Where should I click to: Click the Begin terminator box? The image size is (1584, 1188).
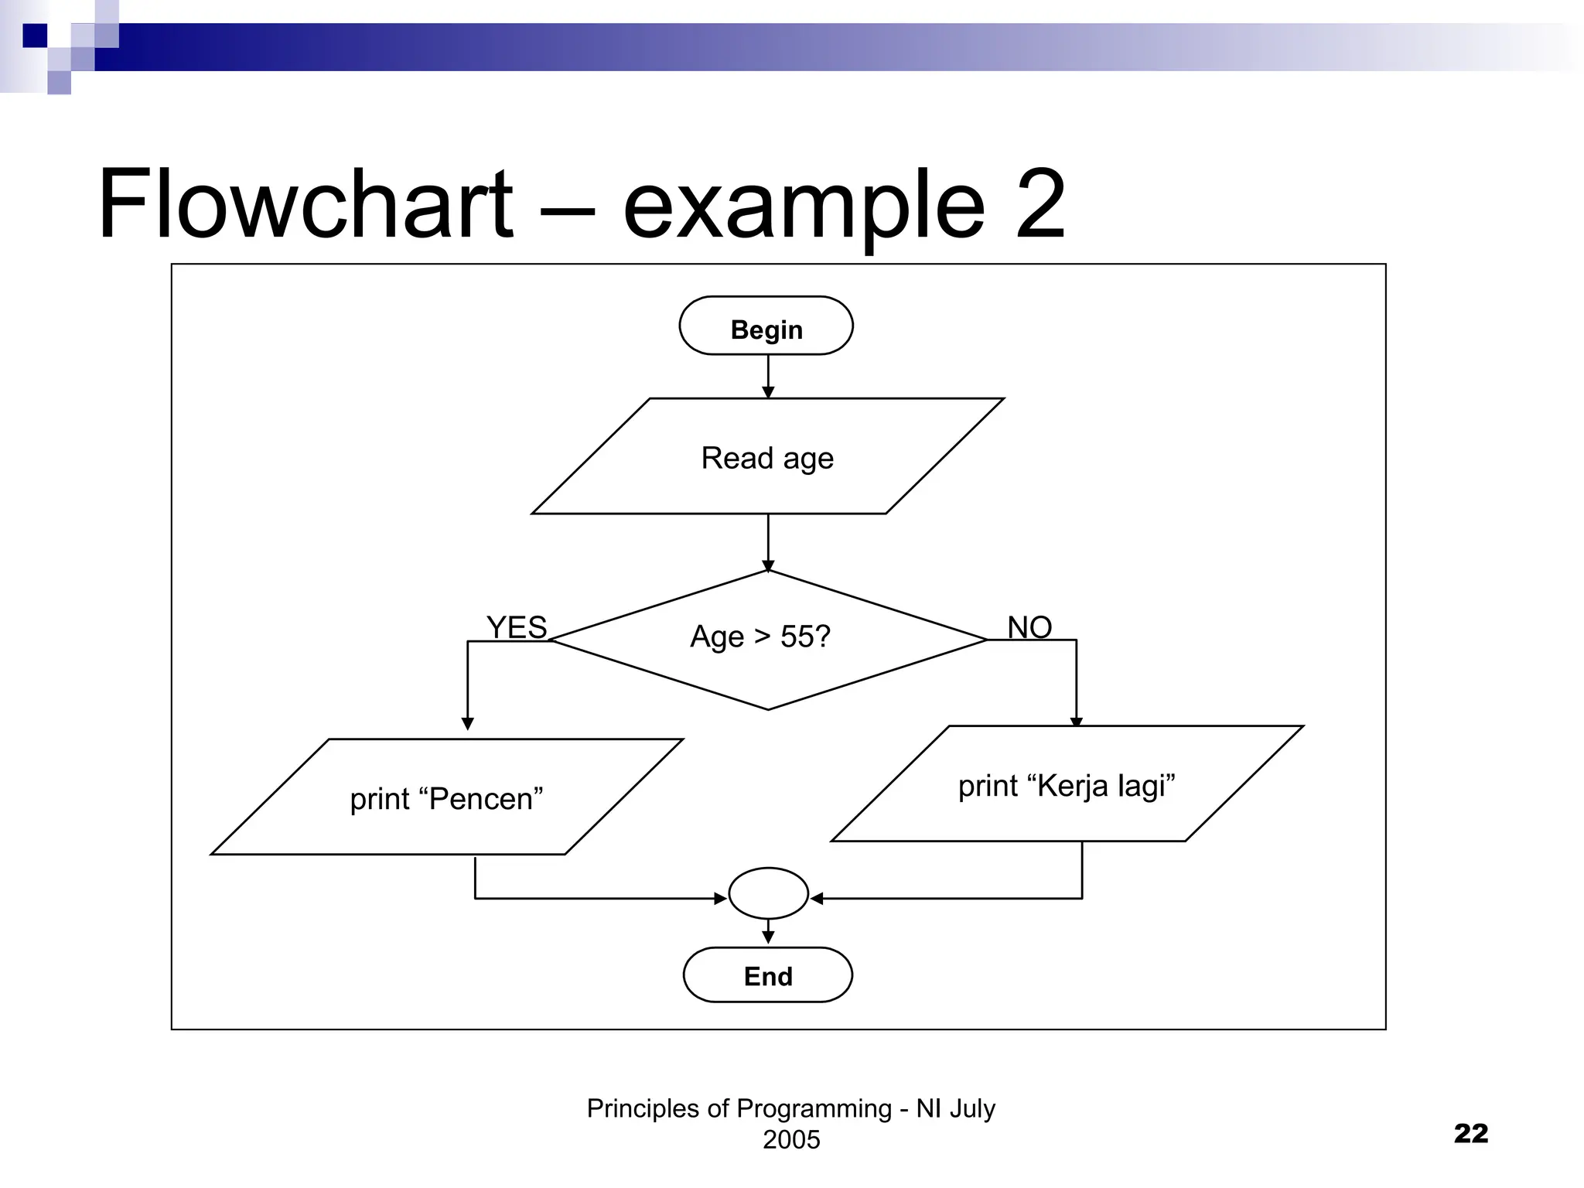(766, 326)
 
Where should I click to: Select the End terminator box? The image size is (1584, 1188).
(767, 975)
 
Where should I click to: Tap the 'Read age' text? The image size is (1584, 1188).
(767, 458)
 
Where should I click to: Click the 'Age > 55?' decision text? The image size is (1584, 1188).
(760, 637)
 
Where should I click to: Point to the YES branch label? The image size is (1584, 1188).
(516, 627)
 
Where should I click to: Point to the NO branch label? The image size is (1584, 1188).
(1029, 627)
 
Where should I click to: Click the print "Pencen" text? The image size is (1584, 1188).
(446, 799)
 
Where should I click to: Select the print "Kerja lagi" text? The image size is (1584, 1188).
(1067, 786)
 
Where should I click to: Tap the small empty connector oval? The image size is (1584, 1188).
(768, 893)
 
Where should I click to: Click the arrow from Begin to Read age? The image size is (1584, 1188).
(768, 377)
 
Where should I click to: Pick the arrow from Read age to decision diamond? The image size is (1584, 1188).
(768, 541)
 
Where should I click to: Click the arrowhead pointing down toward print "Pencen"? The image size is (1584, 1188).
(467, 724)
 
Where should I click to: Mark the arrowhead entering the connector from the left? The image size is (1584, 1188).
(720, 898)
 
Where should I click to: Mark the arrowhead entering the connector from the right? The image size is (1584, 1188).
(817, 898)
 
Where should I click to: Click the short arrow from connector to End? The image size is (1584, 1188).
(768, 932)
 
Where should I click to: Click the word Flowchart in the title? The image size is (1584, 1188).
(305, 205)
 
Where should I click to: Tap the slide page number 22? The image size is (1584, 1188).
(1470, 1133)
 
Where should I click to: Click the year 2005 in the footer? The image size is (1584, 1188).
(791, 1139)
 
